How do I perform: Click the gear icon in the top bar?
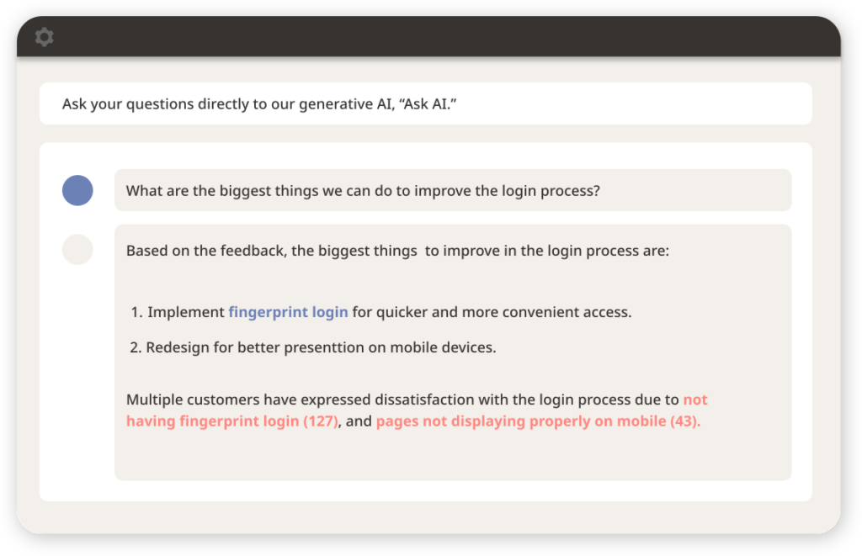[x=44, y=37]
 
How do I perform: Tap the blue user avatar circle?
[x=77, y=190]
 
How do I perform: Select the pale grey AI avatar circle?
[x=77, y=250]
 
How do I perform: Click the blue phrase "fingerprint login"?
[x=288, y=312]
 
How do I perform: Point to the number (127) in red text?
[x=320, y=421]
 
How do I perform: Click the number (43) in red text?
[x=684, y=421]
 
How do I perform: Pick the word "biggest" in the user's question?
[x=246, y=191]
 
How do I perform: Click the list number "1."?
[x=136, y=313]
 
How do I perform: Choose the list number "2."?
[x=136, y=347]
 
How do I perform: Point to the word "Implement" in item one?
[x=186, y=313]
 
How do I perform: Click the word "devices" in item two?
[x=469, y=347]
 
